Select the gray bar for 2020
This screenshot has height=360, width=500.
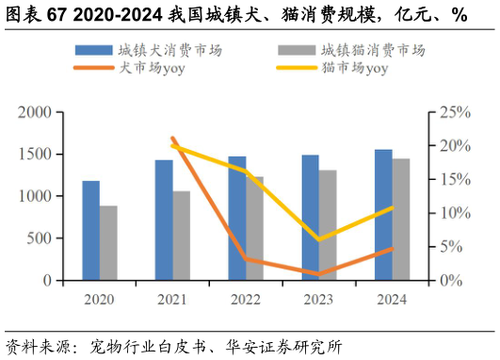108,243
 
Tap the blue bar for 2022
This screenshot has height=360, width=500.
236,219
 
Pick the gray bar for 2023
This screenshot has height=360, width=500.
327,225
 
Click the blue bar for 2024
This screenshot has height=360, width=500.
383,215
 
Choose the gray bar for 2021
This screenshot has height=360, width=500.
181,236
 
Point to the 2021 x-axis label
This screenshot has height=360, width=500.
172,300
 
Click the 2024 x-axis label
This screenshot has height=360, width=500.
392,300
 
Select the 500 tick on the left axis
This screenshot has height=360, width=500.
39,238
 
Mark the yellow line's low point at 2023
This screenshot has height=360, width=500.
318,239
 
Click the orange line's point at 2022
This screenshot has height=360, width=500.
245,258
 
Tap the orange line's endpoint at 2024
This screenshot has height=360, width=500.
392,249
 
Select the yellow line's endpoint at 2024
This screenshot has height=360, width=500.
392,207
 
